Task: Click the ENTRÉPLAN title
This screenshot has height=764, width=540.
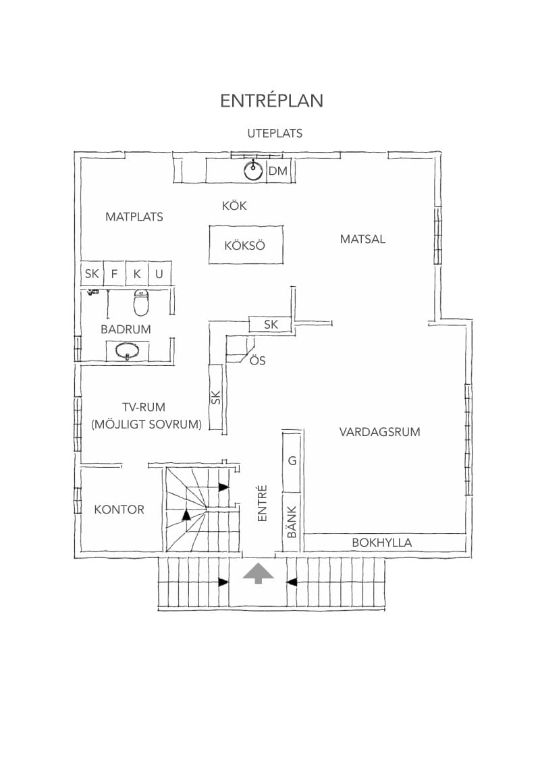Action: pyautogui.click(x=271, y=101)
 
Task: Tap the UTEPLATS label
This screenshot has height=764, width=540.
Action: pyautogui.click(x=275, y=133)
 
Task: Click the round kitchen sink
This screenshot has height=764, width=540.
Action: pyautogui.click(x=253, y=171)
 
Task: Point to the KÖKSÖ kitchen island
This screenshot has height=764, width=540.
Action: pyautogui.click(x=246, y=244)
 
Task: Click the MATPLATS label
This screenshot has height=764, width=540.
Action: pyautogui.click(x=134, y=217)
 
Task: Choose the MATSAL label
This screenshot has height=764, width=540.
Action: pyautogui.click(x=362, y=239)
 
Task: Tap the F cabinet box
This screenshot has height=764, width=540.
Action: pyautogui.click(x=115, y=273)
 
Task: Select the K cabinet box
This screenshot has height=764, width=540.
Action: pyautogui.click(x=137, y=273)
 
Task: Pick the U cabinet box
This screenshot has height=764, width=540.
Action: pyautogui.click(x=159, y=273)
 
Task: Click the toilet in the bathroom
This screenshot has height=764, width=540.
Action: pyautogui.click(x=141, y=302)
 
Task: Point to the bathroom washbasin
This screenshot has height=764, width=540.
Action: pyautogui.click(x=128, y=351)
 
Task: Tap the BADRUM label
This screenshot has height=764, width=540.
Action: pyautogui.click(x=126, y=329)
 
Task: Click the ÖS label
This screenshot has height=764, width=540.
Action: pyautogui.click(x=257, y=360)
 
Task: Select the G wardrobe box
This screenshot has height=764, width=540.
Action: pyautogui.click(x=292, y=461)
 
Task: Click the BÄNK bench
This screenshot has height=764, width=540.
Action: pyautogui.click(x=292, y=522)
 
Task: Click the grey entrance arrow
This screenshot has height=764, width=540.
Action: pyautogui.click(x=259, y=574)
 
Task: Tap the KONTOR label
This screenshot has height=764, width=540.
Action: pyautogui.click(x=119, y=510)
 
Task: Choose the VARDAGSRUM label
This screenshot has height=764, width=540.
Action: pyautogui.click(x=379, y=432)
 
